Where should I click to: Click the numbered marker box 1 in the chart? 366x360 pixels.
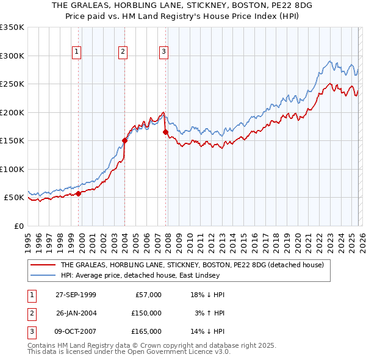[x=77, y=52]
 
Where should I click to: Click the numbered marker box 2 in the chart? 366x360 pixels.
[x=123, y=52]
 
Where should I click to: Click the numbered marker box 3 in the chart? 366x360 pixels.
[x=163, y=52]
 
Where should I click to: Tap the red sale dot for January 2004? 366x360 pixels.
[x=124, y=140]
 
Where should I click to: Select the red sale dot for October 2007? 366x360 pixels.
[x=165, y=132]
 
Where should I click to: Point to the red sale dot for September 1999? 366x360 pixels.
[x=79, y=193]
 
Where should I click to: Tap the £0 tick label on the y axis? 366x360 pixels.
[x=18, y=226]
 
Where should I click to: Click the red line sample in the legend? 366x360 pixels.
[x=43, y=265]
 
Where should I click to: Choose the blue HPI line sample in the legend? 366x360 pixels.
[x=43, y=275]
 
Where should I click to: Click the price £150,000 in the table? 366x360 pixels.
[x=146, y=313]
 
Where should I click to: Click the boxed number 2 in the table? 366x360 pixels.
[x=31, y=313]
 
